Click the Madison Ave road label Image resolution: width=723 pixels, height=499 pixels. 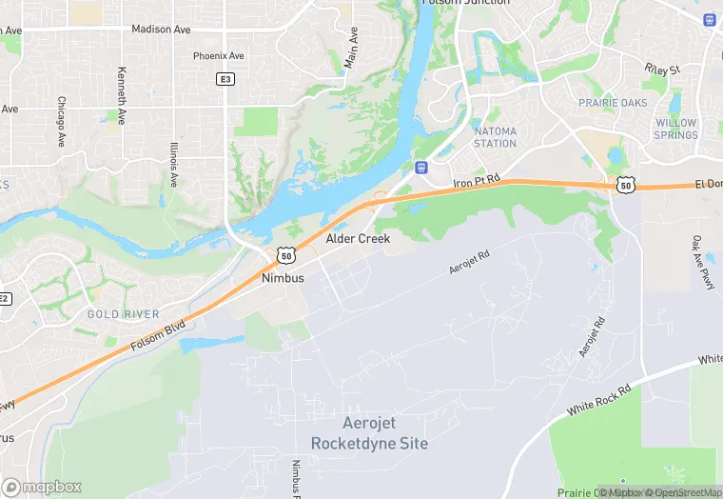click(161, 30)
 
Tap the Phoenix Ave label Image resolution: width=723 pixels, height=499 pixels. click(219, 56)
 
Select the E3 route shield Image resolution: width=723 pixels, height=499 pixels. click(225, 79)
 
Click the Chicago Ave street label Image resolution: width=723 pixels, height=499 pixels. click(61, 121)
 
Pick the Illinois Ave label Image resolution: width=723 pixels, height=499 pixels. click(173, 165)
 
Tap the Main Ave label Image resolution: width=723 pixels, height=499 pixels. click(353, 47)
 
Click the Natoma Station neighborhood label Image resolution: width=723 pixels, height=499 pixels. click(495, 137)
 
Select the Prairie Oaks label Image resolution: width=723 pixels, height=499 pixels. click(611, 102)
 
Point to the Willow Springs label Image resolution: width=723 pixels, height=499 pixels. click(675, 129)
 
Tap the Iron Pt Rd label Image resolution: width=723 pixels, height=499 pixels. click(476, 183)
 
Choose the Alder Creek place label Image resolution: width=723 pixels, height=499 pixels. click(358, 239)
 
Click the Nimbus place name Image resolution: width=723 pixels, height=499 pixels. click(283, 278)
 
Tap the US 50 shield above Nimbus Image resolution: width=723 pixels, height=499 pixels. click(286, 256)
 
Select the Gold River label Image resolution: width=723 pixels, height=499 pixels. click(123, 314)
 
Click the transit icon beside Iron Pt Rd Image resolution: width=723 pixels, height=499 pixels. click(420, 168)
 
